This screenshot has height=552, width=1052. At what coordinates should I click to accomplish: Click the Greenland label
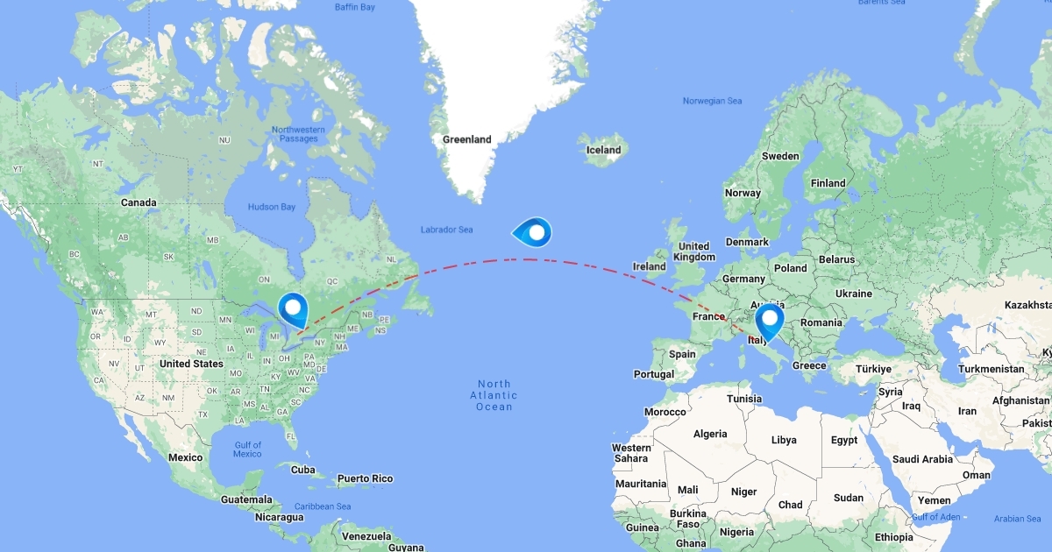click(466, 139)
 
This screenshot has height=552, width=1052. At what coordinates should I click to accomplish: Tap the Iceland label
click(603, 150)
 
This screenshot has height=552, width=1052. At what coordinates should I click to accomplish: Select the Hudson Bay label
click(270, 207)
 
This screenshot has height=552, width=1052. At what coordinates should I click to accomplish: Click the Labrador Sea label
click(446, 230)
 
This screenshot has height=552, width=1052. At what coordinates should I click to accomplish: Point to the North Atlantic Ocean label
click(494, 395)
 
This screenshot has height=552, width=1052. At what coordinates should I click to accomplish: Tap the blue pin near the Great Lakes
click(293, 308)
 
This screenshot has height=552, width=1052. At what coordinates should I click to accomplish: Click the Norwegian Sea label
click(712, 102)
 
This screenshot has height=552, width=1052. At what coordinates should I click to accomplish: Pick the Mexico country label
click(186, 457)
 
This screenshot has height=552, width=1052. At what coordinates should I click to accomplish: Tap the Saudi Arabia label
click(923, 459)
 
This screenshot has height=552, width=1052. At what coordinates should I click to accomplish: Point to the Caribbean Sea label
click(323, 506)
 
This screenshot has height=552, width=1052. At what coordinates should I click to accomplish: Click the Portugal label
click(654, 374)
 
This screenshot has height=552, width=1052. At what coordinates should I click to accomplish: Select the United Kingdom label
click(693, 251)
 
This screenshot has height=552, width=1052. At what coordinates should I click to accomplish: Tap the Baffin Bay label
click(354, 8)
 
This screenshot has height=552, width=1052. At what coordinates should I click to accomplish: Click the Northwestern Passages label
click(298, 135)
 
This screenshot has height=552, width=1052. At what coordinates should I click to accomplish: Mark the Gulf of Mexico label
click(247, 449)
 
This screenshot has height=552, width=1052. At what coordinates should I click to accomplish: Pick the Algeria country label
click(710, 434)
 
